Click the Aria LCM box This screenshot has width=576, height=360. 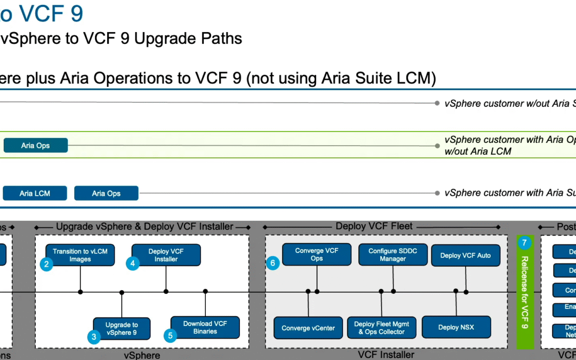pyautogui.click(x=35, y=193)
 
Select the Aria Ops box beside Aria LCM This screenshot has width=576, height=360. pyautogui.click(x=106, y=193)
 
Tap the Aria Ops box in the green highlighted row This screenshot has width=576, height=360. pyautogui.click(x=36, y=146)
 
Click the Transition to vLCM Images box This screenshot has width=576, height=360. pyautogui.click(x=80, y=255)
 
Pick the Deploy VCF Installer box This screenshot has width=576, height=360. pyautogui.click(x=166, y=255)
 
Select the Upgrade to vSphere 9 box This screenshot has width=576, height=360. pyautogui.click(x=122, y=329)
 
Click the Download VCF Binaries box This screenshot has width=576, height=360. pyautogui.click(x=205, y=327)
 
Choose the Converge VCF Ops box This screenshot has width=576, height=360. pyautogui.click(x=317, y=254)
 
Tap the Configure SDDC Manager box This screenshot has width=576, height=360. pyautogui.click(x=394, y=255)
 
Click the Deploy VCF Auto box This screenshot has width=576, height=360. pyautogui.click(x=466, y=255)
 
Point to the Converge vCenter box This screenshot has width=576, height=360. pyautogui.click(x=308, y=328)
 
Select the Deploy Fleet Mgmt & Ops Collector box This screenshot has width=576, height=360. pyautogui.click(x=381, y=328)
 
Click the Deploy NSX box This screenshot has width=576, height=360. pyautogui.click(x=456, y=327)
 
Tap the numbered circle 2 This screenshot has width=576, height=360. pyautogui.click(x=47, y=263)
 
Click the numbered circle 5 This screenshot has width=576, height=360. pyautogui.click(x=170, y=335)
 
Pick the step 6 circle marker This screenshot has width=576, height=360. pyautogui.click(x=273, y=263)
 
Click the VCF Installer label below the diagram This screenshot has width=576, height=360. pyautogui.click(x=386, y=355)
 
